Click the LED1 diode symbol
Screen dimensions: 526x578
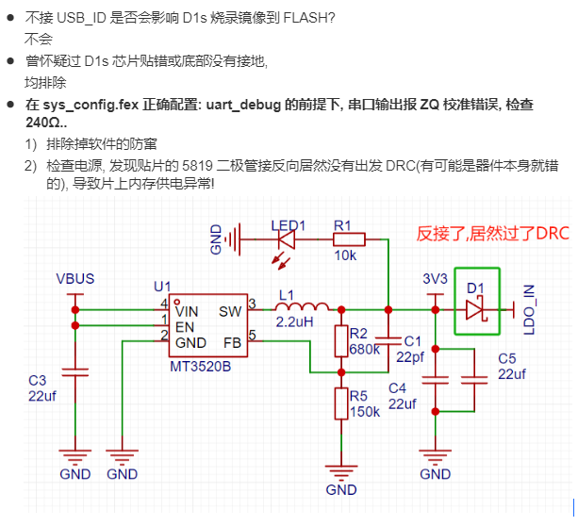[284, 240]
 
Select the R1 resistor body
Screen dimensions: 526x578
[342, 240]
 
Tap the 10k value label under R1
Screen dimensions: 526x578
[346, 256]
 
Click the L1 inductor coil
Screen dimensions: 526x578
[302, 306]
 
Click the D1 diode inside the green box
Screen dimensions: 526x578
[476, 307]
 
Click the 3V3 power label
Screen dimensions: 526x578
[435, 279]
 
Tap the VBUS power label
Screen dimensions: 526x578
[74, 279]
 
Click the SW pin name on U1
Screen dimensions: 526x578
[230, 311]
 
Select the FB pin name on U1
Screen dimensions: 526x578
[232, 341]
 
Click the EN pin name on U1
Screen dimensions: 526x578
[185, 326]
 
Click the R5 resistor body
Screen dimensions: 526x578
[340, 403]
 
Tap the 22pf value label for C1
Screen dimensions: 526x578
[410, 357]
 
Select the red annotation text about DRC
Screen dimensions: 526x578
[492, 234]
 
